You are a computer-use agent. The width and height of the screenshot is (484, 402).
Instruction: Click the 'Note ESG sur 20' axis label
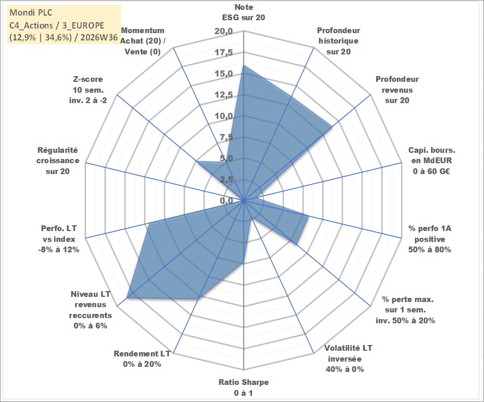(x=243, y=12)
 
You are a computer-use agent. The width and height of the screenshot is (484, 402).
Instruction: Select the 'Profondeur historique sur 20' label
(x=338, y=41)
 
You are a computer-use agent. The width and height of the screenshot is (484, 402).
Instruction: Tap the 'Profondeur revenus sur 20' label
(x=397, y=90)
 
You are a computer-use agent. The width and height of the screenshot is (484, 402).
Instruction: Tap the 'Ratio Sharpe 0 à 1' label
(x=243, y=387)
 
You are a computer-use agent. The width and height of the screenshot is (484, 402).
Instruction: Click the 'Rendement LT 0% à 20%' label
(x=142, y=359)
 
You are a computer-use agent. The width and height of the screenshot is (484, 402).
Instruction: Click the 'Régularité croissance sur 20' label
(x=58, y=161)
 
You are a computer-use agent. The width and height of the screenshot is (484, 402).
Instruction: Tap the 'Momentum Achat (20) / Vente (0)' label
(x=143, y=41)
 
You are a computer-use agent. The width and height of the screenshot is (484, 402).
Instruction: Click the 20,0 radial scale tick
(x=224, y=32)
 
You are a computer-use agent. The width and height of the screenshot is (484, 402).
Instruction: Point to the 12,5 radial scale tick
(x=224, y=95)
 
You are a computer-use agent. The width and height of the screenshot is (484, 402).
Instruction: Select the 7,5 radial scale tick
(x=227, y=137)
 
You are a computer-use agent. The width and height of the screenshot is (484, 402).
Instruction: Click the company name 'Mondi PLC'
(x=31, y=12)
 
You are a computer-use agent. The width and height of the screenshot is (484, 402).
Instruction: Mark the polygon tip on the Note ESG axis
(x=243, y=65)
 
